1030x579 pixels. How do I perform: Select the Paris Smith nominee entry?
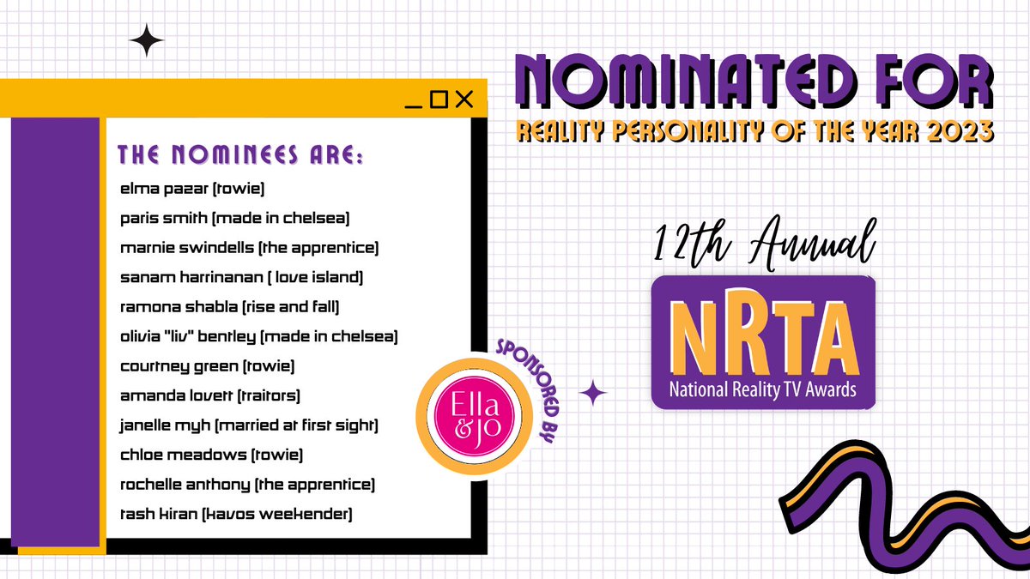pyautogui.click(x=235, y=218)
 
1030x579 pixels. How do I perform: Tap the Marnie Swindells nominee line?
pyautogui.click(x=250, y=248)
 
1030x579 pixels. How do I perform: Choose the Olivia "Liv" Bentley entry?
pyautogui.click(x=259, y=337)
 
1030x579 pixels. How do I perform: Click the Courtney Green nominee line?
pyautogui.click(x=209, y=366)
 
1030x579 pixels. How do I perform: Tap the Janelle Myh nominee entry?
pyautogui.click(x=250, y=425)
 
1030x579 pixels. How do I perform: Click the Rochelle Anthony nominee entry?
pyautogui.click(x=248, y=485)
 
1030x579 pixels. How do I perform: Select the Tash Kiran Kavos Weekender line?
pyautogui.click(x=236, y=514)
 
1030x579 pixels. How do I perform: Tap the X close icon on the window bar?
pyautogui.click(x=464, y=100)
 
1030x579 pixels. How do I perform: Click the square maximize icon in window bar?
pyautogui.click(x=439, y=100)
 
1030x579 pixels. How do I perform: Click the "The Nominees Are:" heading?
pyautogui.click(x=240, y=156)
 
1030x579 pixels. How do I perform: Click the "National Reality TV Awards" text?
pyautogui.click(x=762, y=393)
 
